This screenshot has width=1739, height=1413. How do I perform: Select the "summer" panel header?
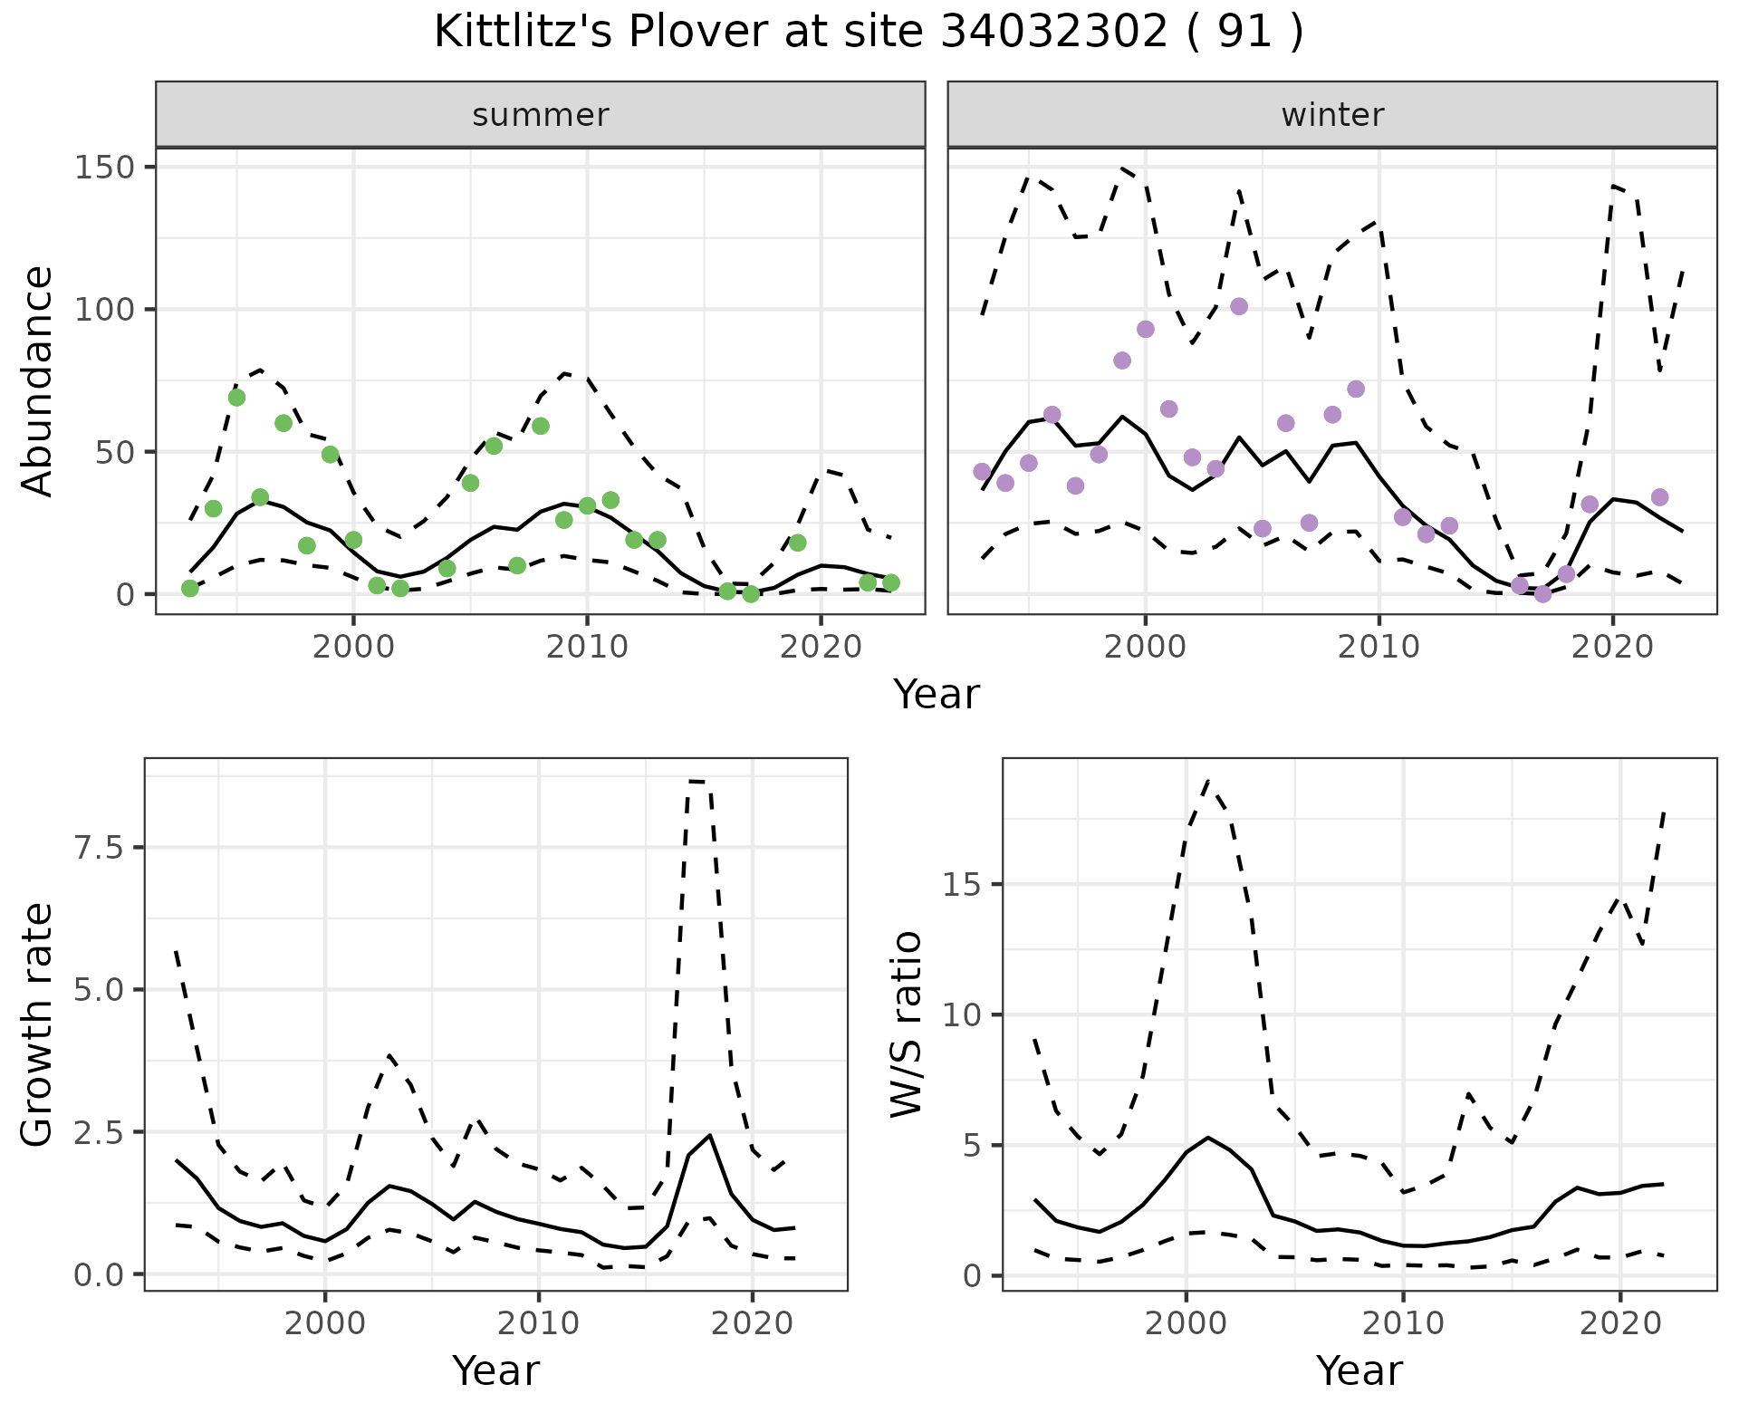coord(540,115)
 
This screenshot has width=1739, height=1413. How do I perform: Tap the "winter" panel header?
coord(1331,115)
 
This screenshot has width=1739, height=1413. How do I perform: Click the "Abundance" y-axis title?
coord(38,380)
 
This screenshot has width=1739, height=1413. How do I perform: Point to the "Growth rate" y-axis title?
coord(38,1024)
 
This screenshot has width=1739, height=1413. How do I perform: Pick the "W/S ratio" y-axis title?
coord(906,1024)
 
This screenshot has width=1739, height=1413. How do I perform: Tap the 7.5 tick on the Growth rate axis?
coord(101,848)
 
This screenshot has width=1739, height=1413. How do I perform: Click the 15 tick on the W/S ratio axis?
coord(962,885)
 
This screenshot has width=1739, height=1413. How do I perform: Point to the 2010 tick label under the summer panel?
coord(587,648)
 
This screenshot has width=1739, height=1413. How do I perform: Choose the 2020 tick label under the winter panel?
coord(1612,648)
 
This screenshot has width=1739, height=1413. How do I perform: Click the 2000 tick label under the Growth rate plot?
coord(325,1324)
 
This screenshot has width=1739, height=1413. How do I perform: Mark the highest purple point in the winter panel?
coord(1239,306)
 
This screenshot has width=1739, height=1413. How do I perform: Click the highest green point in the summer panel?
coord(236,398)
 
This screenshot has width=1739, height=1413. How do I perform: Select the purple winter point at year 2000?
coord(1146,329)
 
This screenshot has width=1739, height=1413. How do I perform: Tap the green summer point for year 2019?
coord(797,543)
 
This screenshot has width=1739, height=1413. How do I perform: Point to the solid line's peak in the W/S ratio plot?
coord(1207,1137)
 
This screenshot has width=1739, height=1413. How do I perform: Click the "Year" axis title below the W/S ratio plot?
coord(1359,1371)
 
